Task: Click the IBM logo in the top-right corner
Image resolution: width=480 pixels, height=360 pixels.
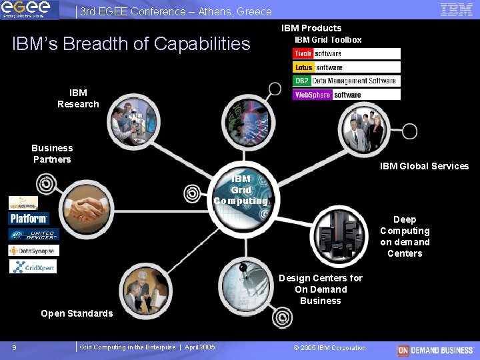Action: (457, 9)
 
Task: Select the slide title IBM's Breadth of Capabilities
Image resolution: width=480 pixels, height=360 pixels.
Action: (131, 44)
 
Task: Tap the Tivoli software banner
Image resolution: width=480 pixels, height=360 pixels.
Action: (346, 53)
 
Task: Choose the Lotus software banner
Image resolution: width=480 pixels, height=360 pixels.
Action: (346, 67)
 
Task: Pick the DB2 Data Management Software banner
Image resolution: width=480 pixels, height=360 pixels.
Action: (346, 81)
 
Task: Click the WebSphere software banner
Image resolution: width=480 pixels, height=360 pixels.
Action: (346, 95)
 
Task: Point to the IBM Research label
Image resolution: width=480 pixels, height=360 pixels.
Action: (78, 98)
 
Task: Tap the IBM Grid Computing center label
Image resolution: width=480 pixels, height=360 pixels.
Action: (241, 189)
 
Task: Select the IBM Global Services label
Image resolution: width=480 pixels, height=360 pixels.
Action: (424, 166)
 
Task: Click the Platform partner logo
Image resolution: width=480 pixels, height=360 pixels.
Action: (29, 218)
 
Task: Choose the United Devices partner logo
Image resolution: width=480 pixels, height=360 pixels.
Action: (33, 235)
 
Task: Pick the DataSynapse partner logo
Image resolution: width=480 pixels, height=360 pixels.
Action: (33, 251)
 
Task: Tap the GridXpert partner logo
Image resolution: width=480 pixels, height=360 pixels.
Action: (33, 267)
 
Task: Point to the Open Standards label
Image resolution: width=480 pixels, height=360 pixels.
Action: (77, 313)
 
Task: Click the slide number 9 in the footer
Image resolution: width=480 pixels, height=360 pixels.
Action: (14, 347)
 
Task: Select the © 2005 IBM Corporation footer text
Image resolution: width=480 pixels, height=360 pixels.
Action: (329, 347)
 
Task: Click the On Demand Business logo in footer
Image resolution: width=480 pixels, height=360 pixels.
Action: (435, 350)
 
